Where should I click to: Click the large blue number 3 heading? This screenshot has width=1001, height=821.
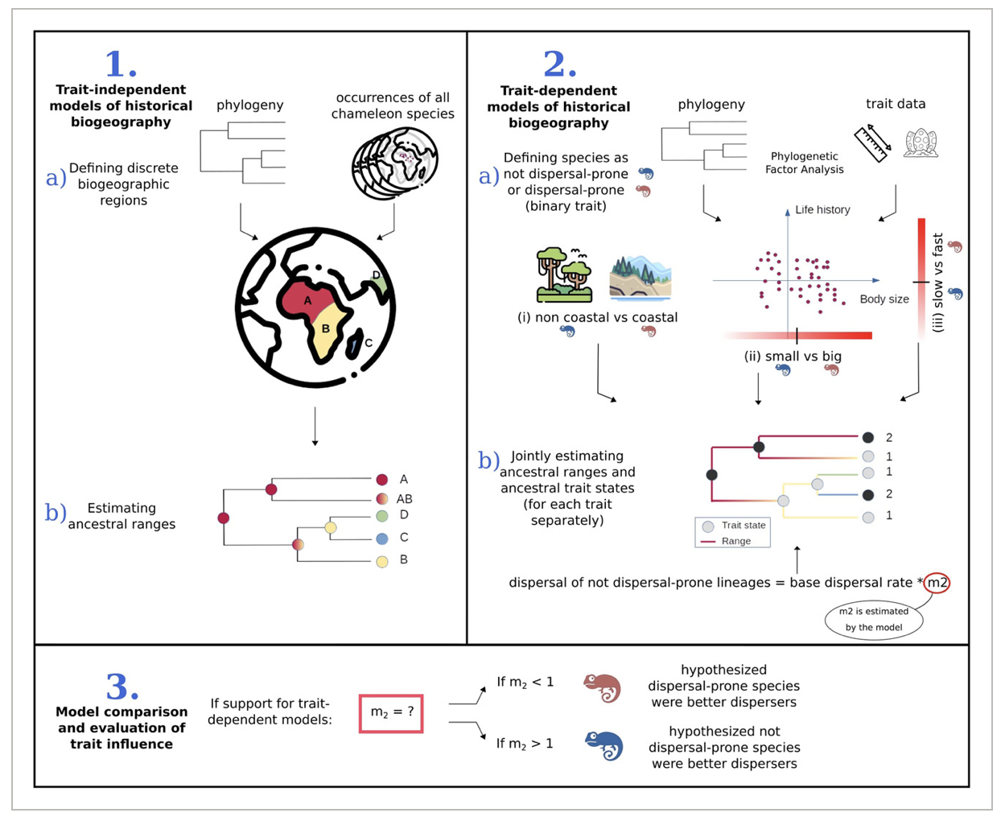(x=122, y=687)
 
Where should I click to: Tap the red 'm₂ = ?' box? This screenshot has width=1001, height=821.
(x=391, y=712)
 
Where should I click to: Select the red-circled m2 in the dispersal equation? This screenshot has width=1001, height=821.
(x=937, y=582)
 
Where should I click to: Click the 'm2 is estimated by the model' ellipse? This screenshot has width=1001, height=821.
(x=874, y=619)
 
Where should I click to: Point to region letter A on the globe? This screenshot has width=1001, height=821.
(x=307, y=300)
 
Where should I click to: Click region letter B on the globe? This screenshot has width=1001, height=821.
(x=326, y=328)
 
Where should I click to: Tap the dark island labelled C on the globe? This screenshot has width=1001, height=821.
(x=354, y=344)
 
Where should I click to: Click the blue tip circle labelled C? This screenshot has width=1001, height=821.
(x=382, y=538)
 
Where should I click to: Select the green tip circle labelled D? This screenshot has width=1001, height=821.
(x=382, y=515)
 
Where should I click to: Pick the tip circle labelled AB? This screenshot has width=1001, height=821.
(x=382, y=498)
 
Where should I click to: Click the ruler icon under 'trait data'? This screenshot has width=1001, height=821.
(x=873, y=143)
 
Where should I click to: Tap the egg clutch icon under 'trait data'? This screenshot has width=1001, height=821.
(x=921, y=142)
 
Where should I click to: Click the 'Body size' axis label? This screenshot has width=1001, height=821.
(x=884, y=299)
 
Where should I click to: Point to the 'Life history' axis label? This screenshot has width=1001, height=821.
(x=822, y=209)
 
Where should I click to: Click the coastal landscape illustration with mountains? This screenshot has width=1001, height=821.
(x=641, y=276)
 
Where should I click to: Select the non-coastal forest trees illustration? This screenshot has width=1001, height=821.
(x=564, y=275)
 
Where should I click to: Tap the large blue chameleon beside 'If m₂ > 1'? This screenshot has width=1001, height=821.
(x=603, y=745)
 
